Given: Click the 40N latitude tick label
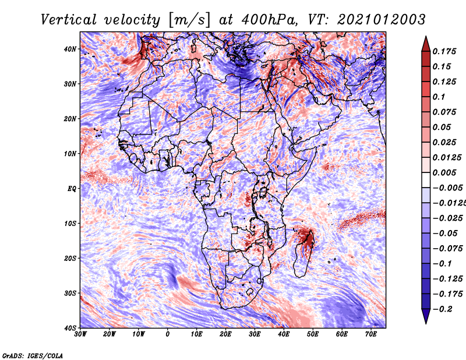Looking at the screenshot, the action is (70, 49).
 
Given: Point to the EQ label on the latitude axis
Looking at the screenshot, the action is (72, 189).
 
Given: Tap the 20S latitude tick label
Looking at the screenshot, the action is (70, 258).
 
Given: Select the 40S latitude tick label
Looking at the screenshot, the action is (70, 328).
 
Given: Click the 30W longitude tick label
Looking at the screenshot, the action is (80, 334).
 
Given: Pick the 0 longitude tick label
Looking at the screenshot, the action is (168, 334).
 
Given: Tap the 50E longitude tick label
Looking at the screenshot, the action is (313, 334).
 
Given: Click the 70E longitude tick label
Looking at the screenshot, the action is (371, 334).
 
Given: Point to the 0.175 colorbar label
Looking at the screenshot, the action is (444, 51).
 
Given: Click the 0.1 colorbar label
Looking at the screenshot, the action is (439, 97).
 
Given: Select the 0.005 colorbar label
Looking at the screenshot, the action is (444, 172).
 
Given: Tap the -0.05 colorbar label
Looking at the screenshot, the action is (445, 234).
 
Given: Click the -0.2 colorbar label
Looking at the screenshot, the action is (442, 309).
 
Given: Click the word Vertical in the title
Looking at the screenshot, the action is (69, 20).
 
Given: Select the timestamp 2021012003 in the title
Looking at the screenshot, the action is (382, 20).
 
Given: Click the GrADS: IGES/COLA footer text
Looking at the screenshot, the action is (33, 355).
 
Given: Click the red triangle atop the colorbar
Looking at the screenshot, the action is (426, 45).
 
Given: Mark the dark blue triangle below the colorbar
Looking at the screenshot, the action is (426, 315).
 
